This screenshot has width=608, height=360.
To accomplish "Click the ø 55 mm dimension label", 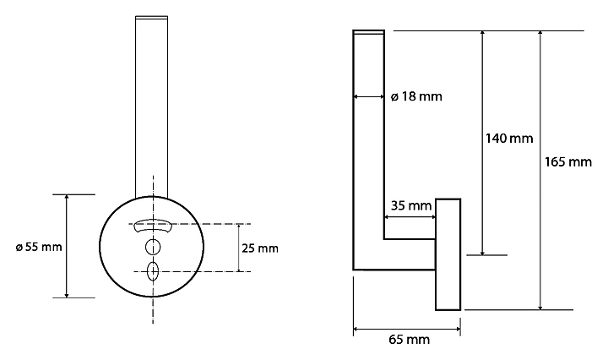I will coord(39,247).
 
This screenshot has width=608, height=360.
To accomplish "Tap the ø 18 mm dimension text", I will coord(416,97).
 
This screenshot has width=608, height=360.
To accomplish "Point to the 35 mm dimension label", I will coord(411,205).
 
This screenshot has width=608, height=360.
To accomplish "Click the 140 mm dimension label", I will coord(508,138).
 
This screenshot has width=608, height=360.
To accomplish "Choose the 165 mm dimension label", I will coord(567,161).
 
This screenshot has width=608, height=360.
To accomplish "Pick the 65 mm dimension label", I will coord(409,340).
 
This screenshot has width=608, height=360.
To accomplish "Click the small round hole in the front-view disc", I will coord(153,247).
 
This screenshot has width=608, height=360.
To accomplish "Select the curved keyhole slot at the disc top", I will coord(153,225).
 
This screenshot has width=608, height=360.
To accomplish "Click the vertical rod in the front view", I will coord(153,101).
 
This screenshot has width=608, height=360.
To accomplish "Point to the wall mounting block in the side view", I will coord(448,254).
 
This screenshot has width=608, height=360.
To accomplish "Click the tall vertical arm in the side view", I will coord(369,144).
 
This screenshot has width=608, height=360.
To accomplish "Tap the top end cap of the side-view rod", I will coord(369,33).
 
